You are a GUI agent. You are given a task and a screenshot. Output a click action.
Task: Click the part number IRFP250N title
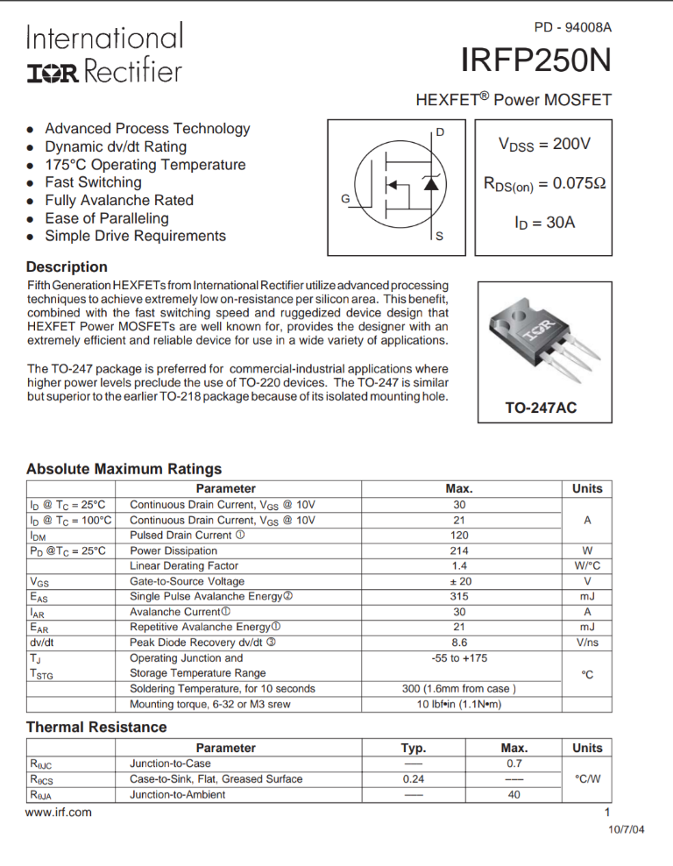pyautogui.click(x=535, y=62)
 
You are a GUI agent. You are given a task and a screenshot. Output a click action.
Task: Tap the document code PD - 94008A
pyautogui.click(x=572, y=28)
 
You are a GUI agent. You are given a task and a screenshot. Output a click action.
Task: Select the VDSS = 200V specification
pyautogui.click(x=544, y=144)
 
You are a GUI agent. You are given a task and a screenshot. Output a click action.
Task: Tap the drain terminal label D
pyautogui.click(x=439, y=132)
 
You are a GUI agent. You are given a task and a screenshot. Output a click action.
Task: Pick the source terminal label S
pyautogui.click(x=439, y=237)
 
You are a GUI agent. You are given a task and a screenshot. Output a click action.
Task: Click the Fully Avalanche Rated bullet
pyautogui.click(x=119, y=200)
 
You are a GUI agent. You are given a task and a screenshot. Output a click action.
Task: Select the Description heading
pyautogui.click(x=67, y=266)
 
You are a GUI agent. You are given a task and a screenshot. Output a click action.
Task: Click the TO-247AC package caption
pyautogui.click(x=541, y=408)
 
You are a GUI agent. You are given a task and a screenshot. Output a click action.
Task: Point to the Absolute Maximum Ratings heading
pyautogui.click(x=124, y=469)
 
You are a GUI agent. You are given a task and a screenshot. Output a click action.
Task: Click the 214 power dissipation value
pyautogui.click(x=459, y=550)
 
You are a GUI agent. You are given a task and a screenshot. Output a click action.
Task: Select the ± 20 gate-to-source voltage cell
pyautogui.click(x=459, y=581)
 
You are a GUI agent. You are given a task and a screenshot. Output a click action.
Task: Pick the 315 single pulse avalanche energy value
pyautogui.click(x=459, y=596)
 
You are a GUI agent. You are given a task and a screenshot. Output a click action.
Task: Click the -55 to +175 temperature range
pyautogui.click(x=459, y=657)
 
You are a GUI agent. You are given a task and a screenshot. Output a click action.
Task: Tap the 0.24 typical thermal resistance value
pyautogui.click(x=414, y=778)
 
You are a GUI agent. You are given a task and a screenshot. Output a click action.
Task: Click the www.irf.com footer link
pyautogui.click(x=59, y=812)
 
